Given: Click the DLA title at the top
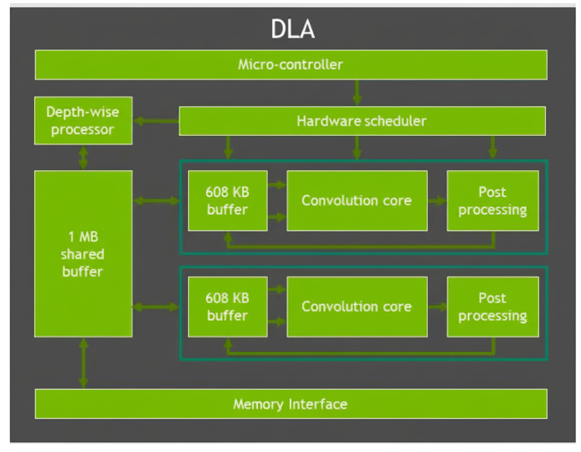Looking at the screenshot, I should pyautogui.click(x=293, y=29).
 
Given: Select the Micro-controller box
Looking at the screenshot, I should pyautogui.click(x=290, y=65).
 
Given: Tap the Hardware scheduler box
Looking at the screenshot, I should pyautogui.click(x=362, y=121).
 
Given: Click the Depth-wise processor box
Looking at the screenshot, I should pyautogui.click(x=83, y=121).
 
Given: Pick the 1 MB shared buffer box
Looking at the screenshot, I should pyautogui.click(x=83, y=254).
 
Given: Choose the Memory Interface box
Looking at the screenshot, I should pyautogui.click(x=290, y=404).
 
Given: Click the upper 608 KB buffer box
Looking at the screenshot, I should pyautogui.click(x=227, y=201).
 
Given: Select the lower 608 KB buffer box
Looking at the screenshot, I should pyautogui.click(x=227, y=307).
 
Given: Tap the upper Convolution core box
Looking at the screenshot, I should pyautogui.click(x=357, y=201).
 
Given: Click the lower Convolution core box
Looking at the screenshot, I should pyautogui.click(x=357, y=307).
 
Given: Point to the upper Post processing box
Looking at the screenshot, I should pyautogui.click(x=492, y=201).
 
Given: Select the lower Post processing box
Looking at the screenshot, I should pyautogui.click(x=492, y=307).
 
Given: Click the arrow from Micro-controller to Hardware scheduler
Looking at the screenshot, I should pyautogui.click(x=357, y=93).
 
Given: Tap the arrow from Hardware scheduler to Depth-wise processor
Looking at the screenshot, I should pyautogui.click(x=156, y=121).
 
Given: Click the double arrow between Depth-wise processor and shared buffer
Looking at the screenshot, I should pyautogui.click(x=83, y=157).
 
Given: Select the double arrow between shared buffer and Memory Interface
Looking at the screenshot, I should pyautogui.click(x=83, y=363).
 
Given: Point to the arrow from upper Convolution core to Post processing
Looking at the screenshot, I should pyautogui.click(x=437, y=201).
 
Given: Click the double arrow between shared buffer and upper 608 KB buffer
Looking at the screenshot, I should pyautogui.click(x=156, y=201).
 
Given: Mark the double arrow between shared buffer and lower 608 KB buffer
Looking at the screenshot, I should pyautogui.click(x=155, y=307).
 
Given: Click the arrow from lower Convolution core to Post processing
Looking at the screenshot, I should pyautogui.click(x=437, y=307).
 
